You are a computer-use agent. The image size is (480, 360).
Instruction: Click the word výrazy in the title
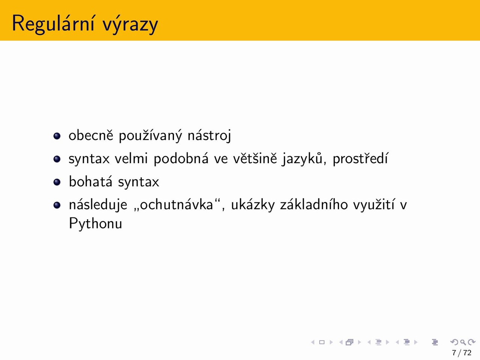pos(130,24)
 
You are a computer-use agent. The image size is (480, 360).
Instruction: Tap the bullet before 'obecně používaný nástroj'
pos(57,136)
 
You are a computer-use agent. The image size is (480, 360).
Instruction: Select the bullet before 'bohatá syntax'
pos(57,182)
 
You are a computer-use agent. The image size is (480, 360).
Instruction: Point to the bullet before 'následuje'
pos(57,205)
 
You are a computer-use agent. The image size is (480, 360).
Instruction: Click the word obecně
pos(91,135)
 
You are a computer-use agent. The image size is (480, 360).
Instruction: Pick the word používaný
pos(150,136)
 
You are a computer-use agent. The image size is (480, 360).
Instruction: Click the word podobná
pos(181,158)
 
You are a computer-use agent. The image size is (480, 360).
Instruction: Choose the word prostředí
pos(360,159)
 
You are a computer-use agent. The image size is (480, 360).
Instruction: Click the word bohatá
pos(90,181)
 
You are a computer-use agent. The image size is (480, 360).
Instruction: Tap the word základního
pos(314,205)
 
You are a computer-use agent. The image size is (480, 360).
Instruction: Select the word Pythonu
pos(95,224)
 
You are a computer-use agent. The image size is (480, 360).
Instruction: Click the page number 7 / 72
pos(462,352)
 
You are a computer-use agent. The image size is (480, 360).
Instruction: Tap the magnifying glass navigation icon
pos(463,342)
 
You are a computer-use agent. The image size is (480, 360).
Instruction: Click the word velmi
pos(131,158)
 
